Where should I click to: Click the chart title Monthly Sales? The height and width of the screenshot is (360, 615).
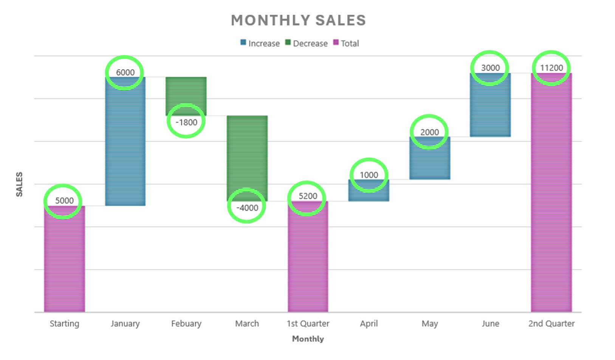click(298, 20)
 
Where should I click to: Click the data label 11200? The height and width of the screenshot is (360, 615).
click(551, 68)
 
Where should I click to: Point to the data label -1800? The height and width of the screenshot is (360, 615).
click(186, 122)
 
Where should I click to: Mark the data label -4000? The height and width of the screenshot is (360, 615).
click(247, 208)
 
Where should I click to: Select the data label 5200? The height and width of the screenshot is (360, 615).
click(308, 196)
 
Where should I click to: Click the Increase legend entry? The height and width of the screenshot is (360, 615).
click(260, 43)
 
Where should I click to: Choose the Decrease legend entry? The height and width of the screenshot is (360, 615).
click(307, 43)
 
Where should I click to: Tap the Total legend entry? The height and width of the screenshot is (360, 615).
click(346, 43)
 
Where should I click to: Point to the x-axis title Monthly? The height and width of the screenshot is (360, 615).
click(308, 339)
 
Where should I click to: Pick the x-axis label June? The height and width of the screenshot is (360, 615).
click(490, 324)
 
